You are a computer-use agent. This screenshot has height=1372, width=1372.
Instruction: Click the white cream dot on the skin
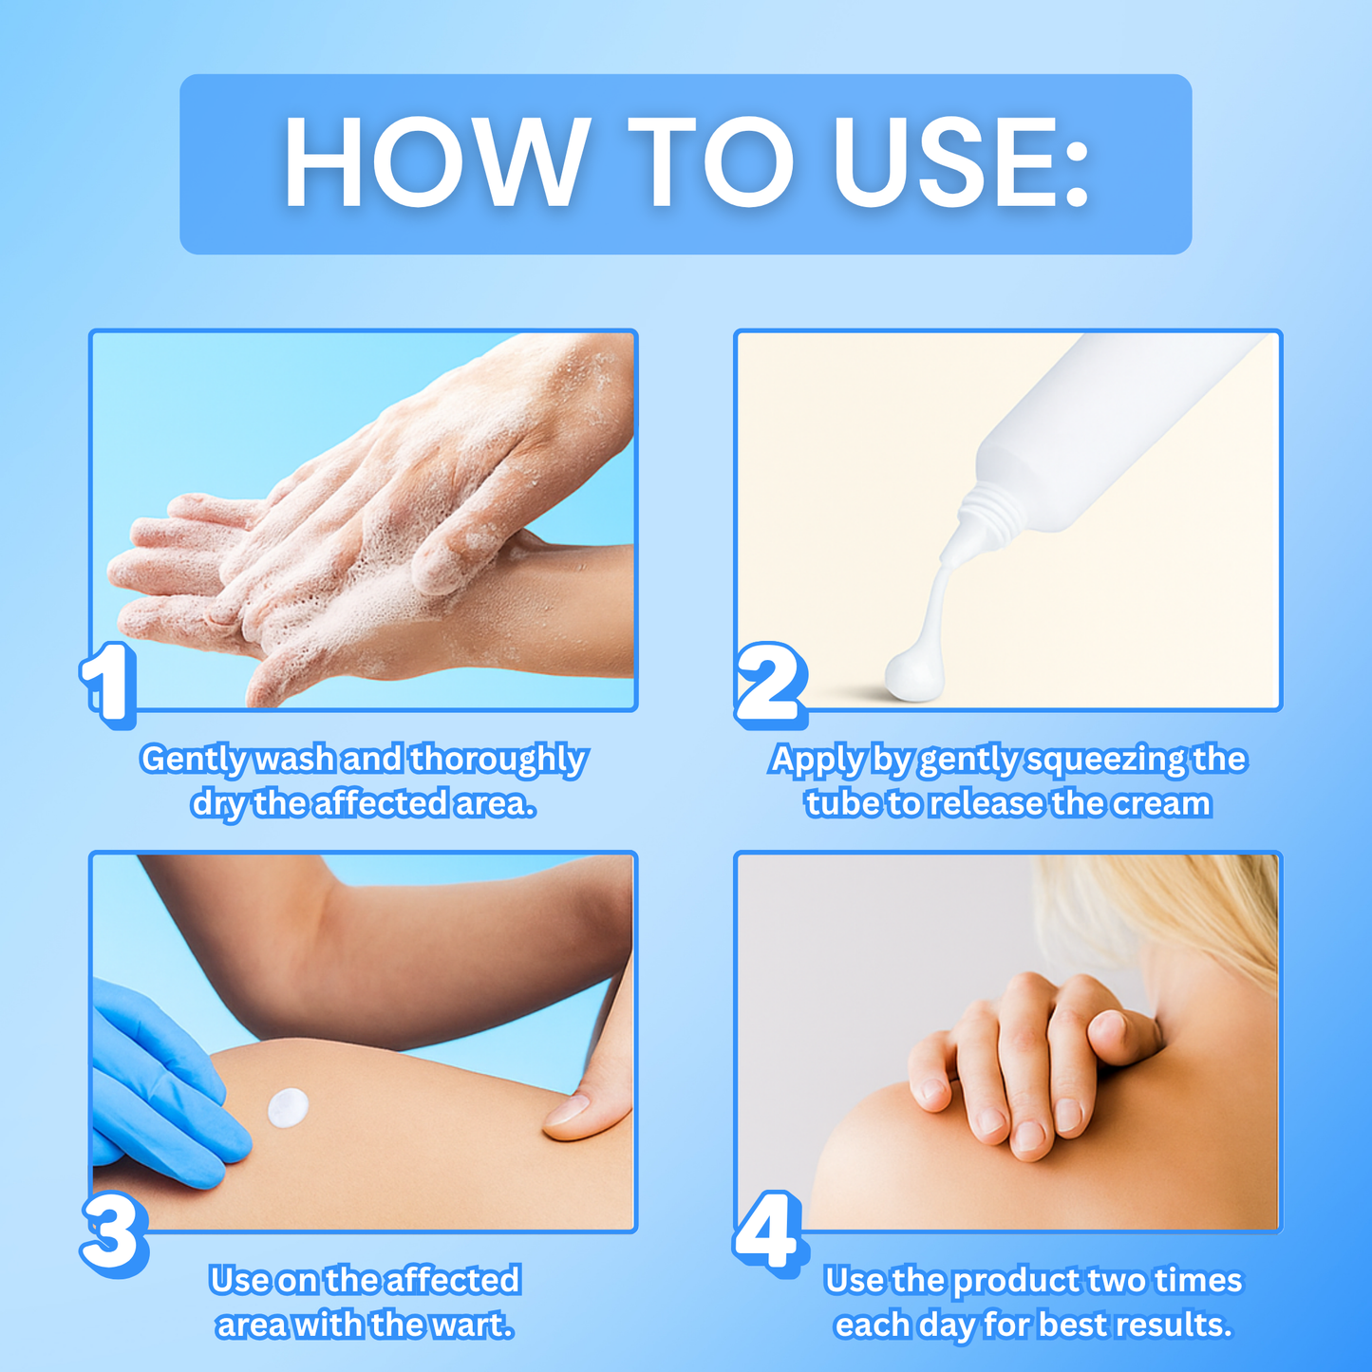(288, 1107)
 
